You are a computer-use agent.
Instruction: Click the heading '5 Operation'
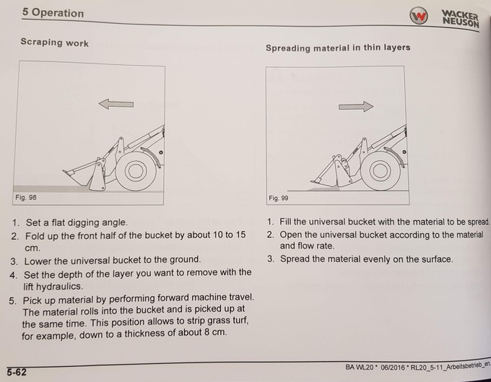tap(53, 13)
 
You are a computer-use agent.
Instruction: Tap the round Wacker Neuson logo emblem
tap(418, 16)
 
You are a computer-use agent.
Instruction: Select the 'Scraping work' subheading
tap(54, 43)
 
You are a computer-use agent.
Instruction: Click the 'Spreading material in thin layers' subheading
tap(338, 48)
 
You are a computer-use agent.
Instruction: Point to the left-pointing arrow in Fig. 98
tap(116, 104)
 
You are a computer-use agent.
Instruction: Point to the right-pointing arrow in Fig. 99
tap(356, 106)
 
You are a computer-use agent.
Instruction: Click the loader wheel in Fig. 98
tap(136, 171)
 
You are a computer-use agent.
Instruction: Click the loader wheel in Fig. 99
tap(380, 171)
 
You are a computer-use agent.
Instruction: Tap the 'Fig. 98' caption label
tap(26, 198)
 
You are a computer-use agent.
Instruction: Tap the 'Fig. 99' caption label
tap(279, 198)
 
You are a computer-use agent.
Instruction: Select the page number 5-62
tap(17, 372)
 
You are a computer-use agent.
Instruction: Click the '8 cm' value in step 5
tap(215, 331)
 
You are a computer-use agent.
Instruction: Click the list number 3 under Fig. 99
tap(271, 259)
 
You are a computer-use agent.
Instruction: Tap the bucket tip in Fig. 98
tap(64, 171)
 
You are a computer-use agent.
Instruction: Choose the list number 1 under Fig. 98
tap(15, 222)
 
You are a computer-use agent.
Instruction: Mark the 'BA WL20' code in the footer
tap(360, 367)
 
